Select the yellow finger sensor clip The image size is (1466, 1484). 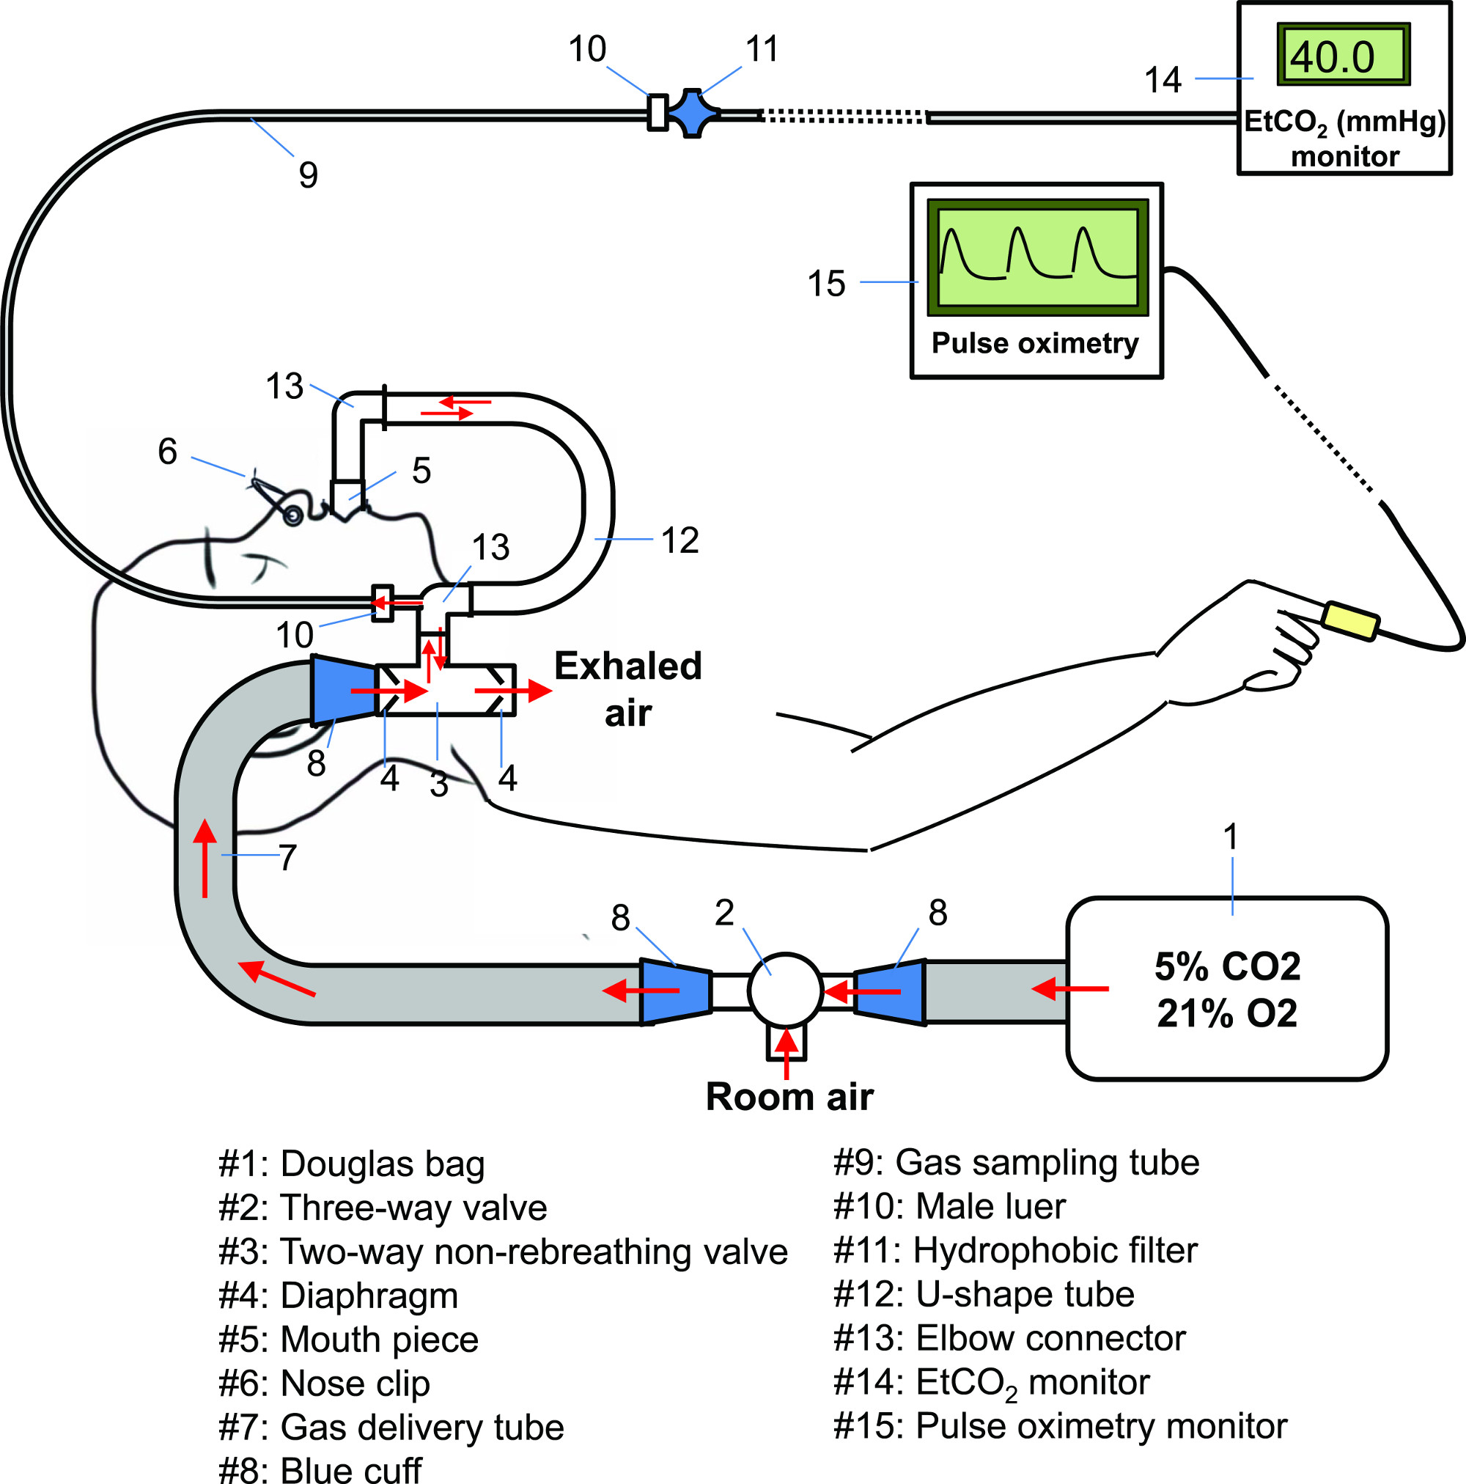[x=1350, y=620]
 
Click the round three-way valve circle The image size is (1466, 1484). [x=785, y=991]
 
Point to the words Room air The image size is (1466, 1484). [x=789, y=1097]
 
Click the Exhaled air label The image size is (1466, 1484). [x=627, y=690]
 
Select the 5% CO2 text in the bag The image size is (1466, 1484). [x=1227, y=966]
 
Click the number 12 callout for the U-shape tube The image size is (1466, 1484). [x=679, y=541]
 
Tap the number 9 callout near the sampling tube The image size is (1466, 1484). [x=308, y=175]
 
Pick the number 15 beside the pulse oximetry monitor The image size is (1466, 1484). [x=826, y=284]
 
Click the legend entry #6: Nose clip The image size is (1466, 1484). [x=324, y=1384]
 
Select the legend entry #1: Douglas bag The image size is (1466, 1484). [x=351, y=1164]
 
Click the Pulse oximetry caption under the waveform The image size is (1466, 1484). [x=1034, y=343]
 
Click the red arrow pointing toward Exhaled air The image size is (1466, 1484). [x=513, y=691]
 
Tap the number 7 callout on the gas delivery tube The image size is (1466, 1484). [x=287, y=857]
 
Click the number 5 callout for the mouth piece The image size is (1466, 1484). [x=421, y=470]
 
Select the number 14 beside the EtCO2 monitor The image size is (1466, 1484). [x=1162, y=80]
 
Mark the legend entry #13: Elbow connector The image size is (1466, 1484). [x=1009, y=1339]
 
